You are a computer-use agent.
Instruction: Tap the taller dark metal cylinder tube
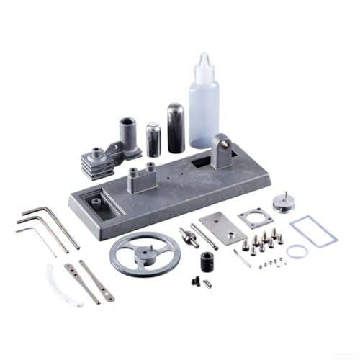tap(176, 127)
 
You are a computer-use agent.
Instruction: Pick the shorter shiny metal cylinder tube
tap(153, 139)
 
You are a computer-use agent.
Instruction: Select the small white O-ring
tap(297, 251)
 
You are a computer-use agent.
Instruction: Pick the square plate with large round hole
tap(255, 218)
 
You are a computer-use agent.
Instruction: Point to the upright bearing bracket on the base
tap(224, 152)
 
